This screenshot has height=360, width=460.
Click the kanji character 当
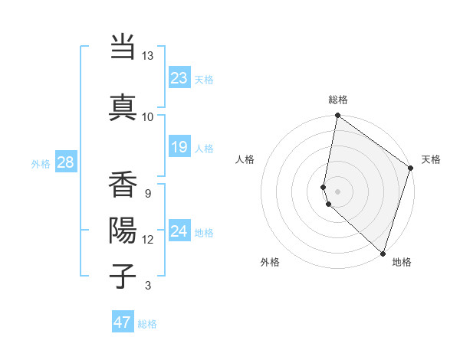[123, 47]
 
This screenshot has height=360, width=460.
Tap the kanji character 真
[123, 106]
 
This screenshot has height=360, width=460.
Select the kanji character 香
[123, 184]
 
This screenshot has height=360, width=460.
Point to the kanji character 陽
[123, 229]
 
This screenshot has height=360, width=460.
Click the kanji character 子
[123, 274]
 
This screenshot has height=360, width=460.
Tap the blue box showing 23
[179, 78]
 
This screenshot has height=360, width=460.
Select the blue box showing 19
[179, 146]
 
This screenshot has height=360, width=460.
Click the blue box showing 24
[179, 231]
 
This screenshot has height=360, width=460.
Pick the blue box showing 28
[65, 162]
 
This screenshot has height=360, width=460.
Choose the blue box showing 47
[123, 322]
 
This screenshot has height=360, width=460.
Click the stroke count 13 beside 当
[147, 56]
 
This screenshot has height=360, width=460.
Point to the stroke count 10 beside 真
[147, 116]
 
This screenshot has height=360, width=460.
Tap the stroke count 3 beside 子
[147, 286]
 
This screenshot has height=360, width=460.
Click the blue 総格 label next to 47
[147, 324]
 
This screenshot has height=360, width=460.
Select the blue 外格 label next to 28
[41, 163]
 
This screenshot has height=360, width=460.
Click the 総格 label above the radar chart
[338, 100]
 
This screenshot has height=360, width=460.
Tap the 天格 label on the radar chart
[431, 159]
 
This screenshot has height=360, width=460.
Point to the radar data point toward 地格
[383, 254]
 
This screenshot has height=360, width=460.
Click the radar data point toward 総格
[337, 116]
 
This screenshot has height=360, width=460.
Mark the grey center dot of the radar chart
[337, 190]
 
